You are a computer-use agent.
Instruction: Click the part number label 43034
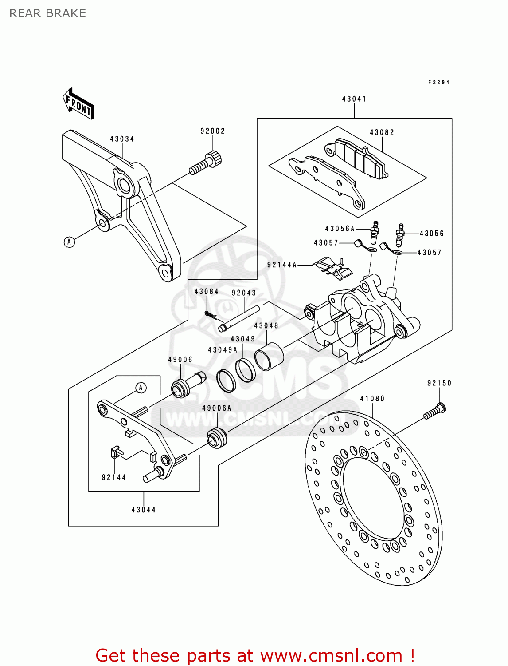(x=122, y=139)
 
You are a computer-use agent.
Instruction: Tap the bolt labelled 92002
(x=206, y=163)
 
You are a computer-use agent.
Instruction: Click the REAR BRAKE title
(x=48, y=14)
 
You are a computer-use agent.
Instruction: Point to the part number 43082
(x=382, y=132)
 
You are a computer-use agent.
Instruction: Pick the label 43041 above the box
(x=354, y=99)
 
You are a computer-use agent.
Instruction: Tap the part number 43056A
(x=340, y=229)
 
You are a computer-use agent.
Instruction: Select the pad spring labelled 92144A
(x=332, y=268)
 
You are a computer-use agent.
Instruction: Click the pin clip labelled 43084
(x=210, y=314)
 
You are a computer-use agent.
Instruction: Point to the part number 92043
(x=244, y=293)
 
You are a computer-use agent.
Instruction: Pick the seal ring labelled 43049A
(x=226, y=380)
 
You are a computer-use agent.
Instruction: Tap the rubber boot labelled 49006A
(x=217, y=437)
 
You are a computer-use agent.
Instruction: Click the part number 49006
(x=180, y=360)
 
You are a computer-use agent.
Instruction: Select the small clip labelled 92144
(x=115, y=452)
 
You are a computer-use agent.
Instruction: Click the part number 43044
(x=144, y=510)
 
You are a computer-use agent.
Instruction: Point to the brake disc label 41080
(x=372, y=399)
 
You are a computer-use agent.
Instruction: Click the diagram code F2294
(x=439, y=83)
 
